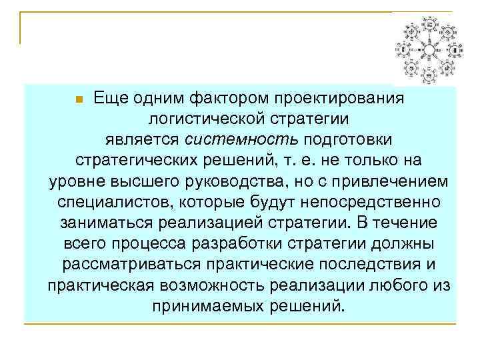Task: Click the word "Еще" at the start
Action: (x=107, y=99)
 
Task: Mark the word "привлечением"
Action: (x=391, y=182)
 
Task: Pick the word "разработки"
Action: (x=251, y=244)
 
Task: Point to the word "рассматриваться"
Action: (x=131, y=265)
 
